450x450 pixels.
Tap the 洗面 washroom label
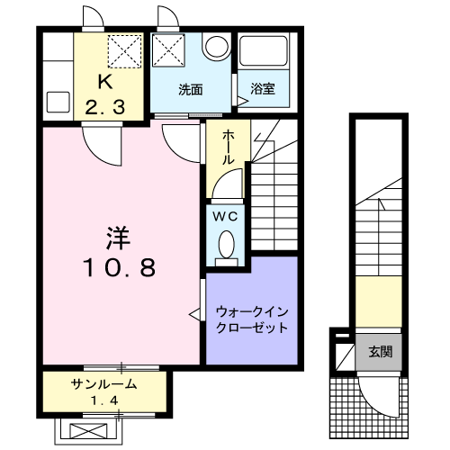tap(189, 90)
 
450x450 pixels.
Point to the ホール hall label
tap(229, 147)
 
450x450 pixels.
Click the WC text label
tap(225, 216)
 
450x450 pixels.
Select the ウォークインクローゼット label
tap(251, 320)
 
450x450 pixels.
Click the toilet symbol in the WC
tap(226, 243)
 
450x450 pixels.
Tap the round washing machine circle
tap(216, 47)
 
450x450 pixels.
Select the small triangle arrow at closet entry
tap(193, 313)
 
